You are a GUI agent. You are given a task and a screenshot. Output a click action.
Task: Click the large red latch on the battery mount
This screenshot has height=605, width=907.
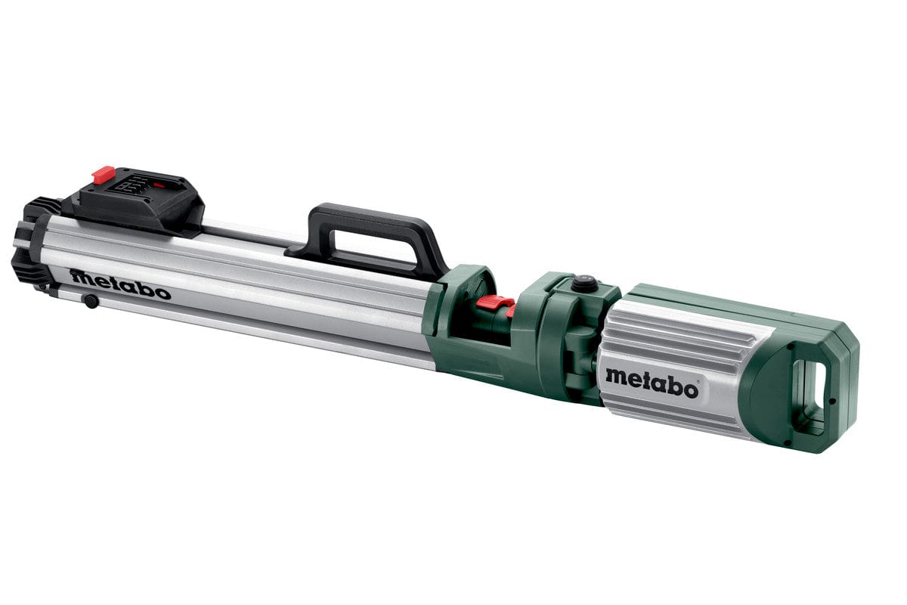(x=103, y=175)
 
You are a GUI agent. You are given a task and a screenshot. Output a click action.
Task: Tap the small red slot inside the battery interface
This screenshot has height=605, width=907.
(x=159, y=183)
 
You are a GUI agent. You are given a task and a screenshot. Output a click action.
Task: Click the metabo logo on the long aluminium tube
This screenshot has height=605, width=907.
(x=121, y=284)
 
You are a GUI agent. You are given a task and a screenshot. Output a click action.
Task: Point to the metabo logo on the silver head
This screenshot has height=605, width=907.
(x=652, y=382)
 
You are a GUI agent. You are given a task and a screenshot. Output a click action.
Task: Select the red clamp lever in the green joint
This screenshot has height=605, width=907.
(x=495, y=305)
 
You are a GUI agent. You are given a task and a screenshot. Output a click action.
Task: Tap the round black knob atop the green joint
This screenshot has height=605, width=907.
(x=583, y=283)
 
